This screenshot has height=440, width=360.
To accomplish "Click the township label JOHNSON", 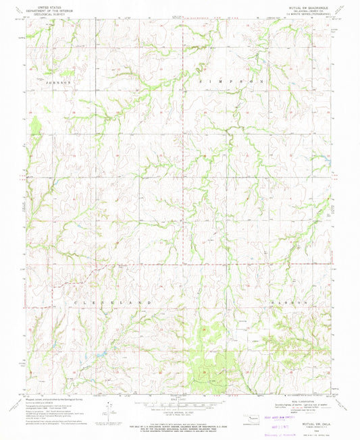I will [58, 82].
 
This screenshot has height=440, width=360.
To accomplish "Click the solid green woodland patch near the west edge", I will [35, 124].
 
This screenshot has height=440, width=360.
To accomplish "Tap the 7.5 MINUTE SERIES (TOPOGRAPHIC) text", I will [308, 16].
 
